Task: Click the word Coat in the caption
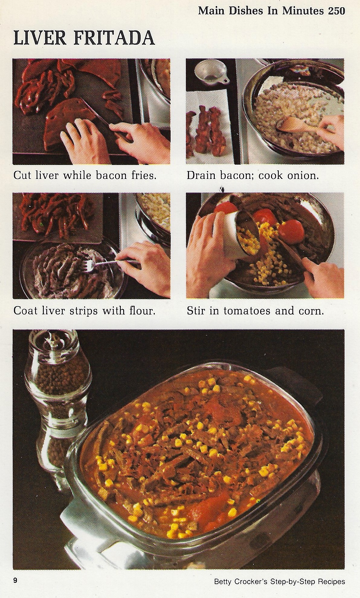click(x=26, y=311)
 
